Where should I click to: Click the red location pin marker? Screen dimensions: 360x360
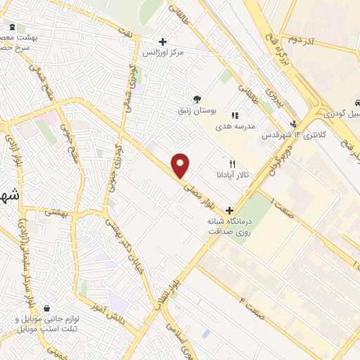pyautogui.click(x=181, y=165)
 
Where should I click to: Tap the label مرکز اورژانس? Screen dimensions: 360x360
pyautogui.click(x=163, y=53)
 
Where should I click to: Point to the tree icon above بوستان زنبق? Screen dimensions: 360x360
pyautogui.click(x=198, y=98)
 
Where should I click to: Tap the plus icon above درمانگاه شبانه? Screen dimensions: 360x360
pyautogui.click(x=229, y=210)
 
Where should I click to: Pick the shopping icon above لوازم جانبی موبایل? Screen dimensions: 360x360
pyautogui.click(x=46, y=309)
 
